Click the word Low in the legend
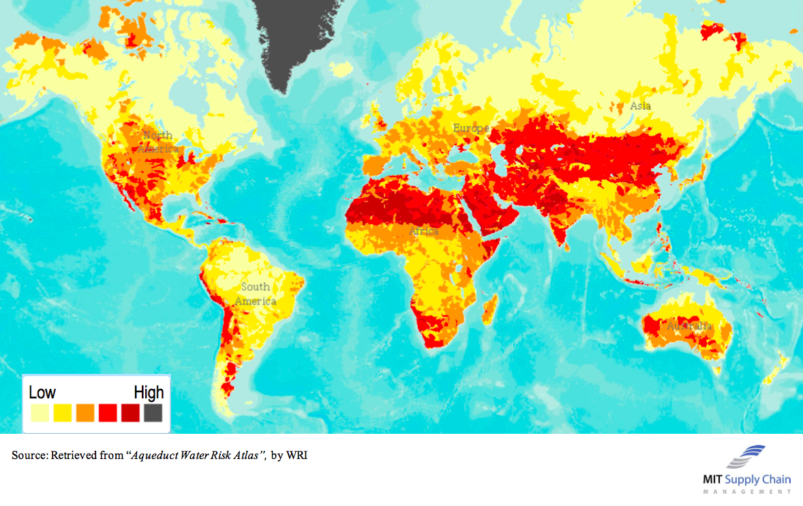tap(42, 393)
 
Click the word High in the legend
tap(149, 393)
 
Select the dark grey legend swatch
tap(153, 413)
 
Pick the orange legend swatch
tap(85, 413)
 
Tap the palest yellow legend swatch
tap(40, 413)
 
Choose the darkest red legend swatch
tap(130, 413)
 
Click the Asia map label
tap(640, 106)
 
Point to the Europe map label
tap(471, 128)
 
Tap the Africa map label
tap(423, 232)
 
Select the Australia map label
tap(689, 326)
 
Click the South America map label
tap(256, 294)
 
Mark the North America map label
tap(158, 142)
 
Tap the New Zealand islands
tap(776, 371)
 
